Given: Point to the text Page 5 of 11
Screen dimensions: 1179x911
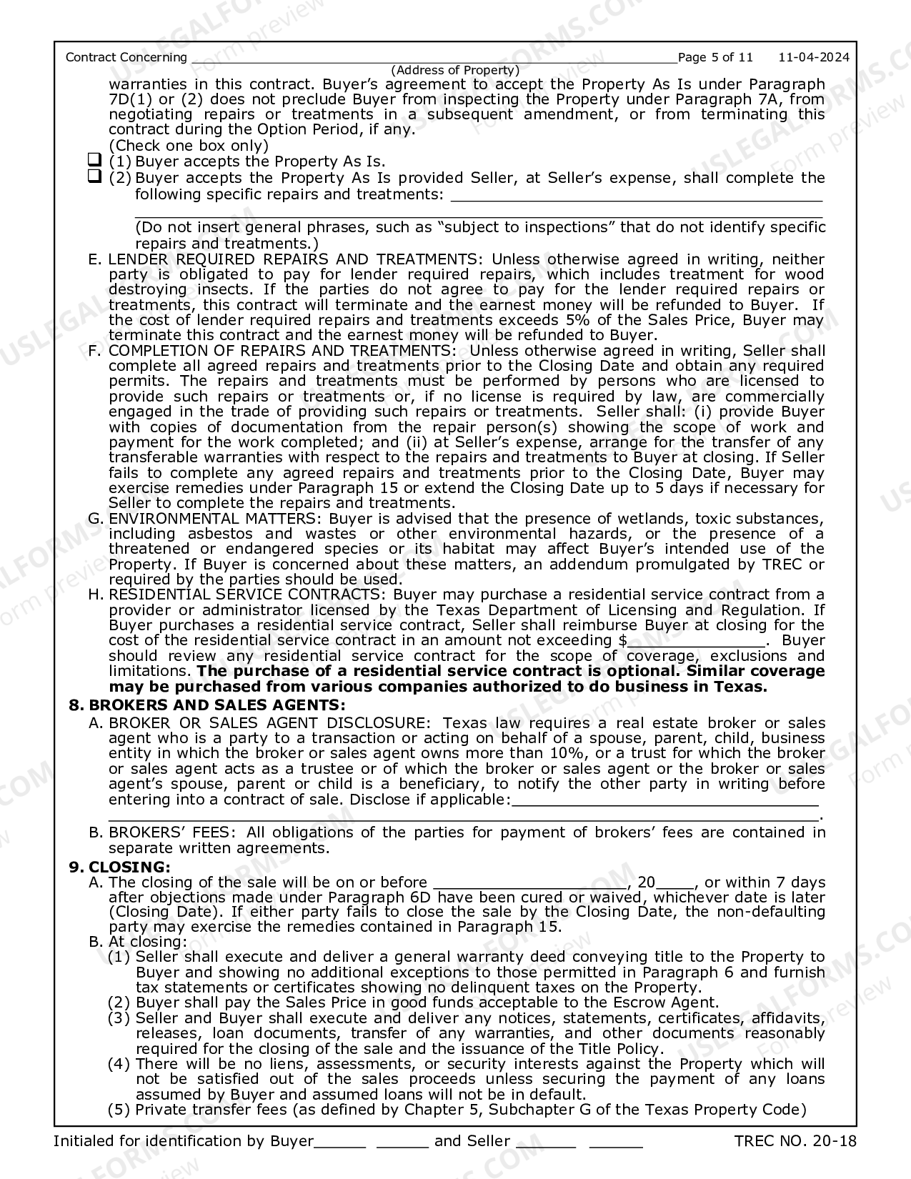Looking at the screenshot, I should [x=715, y=57].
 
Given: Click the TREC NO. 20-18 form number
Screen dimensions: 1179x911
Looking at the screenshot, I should [x=795, y=1141].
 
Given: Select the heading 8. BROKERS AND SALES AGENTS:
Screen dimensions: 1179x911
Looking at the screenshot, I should [x=207, y=705].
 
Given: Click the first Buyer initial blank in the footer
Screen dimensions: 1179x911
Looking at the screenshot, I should [x=340, y=1142].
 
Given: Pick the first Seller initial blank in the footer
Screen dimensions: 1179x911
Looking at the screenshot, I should [x=545, y=1142].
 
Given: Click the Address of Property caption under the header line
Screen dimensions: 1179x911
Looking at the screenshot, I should [x=455, y=70].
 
